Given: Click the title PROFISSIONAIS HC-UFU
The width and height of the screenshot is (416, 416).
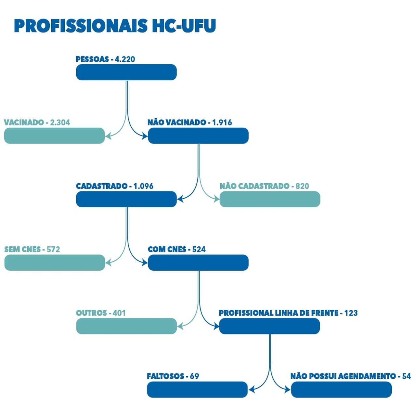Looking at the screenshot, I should [x=115, y=26].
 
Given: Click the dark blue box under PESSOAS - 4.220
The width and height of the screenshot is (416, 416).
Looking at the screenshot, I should [x=126, y=72].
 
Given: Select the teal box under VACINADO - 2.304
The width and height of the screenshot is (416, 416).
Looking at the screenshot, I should [x=54, y=136].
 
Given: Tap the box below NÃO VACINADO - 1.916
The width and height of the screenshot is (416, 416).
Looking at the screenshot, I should [x=198, y=136].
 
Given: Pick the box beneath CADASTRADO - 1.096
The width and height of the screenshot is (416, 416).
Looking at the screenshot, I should [x=126, y=199].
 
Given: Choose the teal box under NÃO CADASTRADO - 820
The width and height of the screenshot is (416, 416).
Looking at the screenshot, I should [x=270, y=199].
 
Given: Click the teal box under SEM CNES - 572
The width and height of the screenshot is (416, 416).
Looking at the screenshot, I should [x=55, y=263].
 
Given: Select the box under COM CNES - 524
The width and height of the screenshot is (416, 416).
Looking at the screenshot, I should [x=198, y=263].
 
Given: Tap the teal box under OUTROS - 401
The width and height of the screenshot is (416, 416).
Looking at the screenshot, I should [x=126, y=326].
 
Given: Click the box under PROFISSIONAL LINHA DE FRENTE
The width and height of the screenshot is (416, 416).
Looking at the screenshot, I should [x=269, y=326].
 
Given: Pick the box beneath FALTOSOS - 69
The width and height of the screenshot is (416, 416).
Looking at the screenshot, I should [x=197, y=389].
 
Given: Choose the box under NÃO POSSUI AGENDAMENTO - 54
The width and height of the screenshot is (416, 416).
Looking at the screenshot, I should [x=341, y=389].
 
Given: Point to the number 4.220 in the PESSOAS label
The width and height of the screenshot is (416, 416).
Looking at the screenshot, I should [x=125, y=59].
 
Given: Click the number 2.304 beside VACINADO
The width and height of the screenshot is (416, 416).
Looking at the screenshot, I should [x=60, y=123].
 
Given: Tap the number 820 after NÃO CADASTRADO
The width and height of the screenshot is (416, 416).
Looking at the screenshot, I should [x=302, y=186].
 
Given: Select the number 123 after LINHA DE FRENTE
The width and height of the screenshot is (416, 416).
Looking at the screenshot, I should [x=351, y=313].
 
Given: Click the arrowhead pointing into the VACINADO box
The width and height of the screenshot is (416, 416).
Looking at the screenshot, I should [x=108, y=136].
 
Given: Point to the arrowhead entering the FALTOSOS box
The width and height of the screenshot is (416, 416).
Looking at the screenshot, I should [x=251, y=389].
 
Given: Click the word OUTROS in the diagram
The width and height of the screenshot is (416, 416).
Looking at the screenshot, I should [x=91, y=313].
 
